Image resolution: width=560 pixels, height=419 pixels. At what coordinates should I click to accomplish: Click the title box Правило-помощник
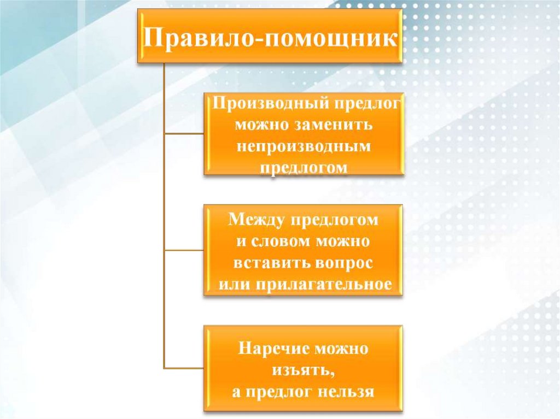tap(270, 38)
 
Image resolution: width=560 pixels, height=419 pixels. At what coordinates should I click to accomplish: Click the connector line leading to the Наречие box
tap(184, 368)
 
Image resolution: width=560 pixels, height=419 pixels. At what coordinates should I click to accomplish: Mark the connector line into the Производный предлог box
tap(184, 133)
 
